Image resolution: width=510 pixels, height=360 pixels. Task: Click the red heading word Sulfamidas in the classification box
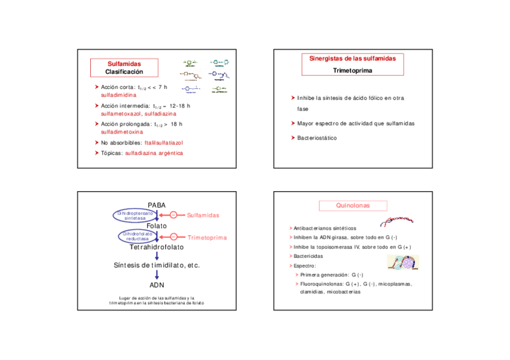coord(124,64)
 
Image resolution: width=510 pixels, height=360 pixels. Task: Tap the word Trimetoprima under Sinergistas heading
coord(352,70)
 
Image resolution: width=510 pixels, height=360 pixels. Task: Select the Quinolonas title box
coord(352,206)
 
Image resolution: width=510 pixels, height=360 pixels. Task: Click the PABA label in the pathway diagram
coord(156,206)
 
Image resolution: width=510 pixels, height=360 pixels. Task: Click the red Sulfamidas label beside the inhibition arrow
coord(203,215)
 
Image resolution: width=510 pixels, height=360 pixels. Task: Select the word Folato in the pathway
coord(157,226)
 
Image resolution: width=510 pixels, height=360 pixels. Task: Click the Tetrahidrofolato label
coord(156,247)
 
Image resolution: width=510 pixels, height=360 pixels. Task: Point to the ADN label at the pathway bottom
coord(157,285)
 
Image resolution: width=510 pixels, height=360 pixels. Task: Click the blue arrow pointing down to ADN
coord(157,275)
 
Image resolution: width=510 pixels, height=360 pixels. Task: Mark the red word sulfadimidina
coord(118,96)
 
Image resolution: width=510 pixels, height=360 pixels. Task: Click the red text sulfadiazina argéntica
coord(154,153)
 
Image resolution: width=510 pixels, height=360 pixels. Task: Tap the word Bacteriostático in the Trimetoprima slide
coord(317,138)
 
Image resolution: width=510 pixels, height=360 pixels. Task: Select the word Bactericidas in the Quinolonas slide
coord(307,256)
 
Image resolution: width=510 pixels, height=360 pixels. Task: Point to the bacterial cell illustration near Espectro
coord(403,262)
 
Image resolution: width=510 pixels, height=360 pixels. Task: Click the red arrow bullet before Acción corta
coord(96,88)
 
